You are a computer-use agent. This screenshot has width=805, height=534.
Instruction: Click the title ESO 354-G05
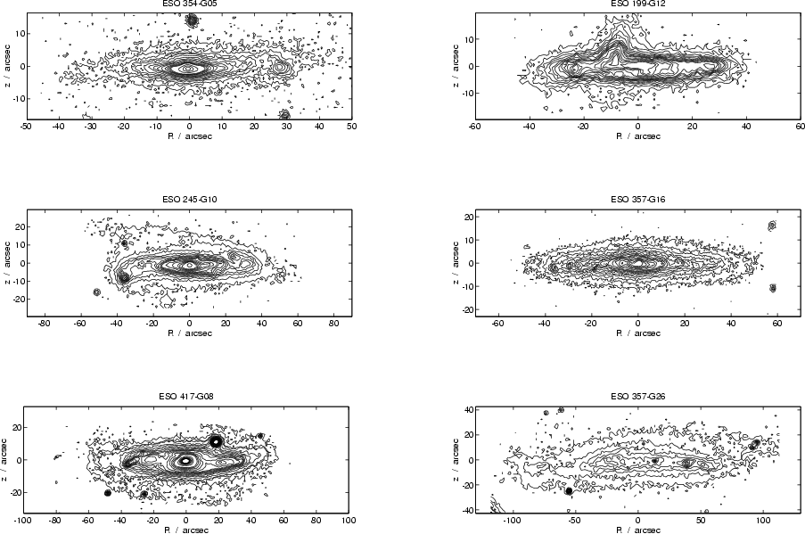pos(188,4)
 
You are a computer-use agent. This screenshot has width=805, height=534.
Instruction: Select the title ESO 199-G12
pos(637,4)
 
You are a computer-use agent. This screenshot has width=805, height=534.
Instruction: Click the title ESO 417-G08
pos(185,396)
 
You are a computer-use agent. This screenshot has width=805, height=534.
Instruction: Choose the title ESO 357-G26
pos(637,396)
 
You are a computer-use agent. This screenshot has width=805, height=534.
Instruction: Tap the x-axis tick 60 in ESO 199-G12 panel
pos(800,127)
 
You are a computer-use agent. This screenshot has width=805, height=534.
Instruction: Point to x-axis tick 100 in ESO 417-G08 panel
pos(349,520)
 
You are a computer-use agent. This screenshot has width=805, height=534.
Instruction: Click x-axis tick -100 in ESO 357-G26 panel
pos(513,520)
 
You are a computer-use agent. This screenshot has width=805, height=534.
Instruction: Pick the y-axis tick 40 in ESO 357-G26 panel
pos(466,409)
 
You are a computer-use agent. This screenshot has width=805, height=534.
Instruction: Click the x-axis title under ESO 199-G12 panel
pos(637,136)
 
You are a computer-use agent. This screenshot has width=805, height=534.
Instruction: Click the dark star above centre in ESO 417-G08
pos(215,440)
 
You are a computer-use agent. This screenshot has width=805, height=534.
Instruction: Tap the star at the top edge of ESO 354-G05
pos(192,19)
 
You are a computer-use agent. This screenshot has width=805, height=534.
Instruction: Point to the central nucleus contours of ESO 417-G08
pos(185,461)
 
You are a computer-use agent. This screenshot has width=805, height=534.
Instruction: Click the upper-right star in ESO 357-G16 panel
pos(772,226)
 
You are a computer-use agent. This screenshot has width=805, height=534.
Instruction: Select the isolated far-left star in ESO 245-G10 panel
pos(97,292)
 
